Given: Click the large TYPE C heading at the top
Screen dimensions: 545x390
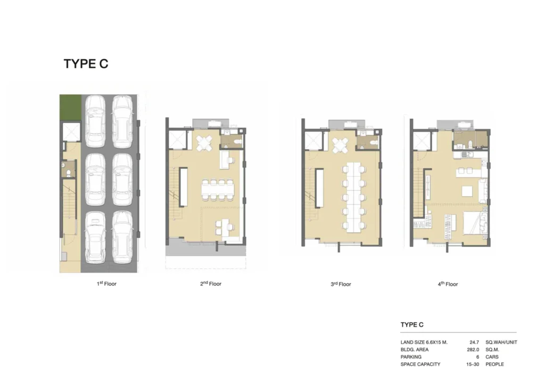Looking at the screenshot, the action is click(86, 64).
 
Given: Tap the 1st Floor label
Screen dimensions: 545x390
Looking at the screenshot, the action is click(106, 283).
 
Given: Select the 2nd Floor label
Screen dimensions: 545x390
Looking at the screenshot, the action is click(211, 283).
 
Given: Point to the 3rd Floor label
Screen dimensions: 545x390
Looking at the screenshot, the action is click(341, 284).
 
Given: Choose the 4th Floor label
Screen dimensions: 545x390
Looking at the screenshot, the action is click(448, 284).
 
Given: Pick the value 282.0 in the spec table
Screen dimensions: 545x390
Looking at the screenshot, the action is click(473, 350).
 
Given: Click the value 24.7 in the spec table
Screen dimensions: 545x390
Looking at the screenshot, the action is click(474, 343).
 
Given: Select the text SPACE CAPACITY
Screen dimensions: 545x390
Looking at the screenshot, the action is click(420, 364).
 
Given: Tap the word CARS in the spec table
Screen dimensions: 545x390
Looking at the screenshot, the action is click(492, 357).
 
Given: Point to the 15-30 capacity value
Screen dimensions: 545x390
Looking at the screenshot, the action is click(473, 364).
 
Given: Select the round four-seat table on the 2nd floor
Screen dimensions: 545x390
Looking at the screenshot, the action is click(204, 143).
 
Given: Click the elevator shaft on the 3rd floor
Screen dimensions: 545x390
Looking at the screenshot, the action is click(313, 140).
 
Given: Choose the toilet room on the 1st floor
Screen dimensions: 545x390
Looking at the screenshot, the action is click(69, 169).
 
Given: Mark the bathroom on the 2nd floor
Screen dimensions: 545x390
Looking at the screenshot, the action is click(231, 141).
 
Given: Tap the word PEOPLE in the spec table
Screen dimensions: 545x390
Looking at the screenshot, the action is click(494, 364).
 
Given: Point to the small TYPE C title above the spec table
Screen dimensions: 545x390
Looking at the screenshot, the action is click(412, 324).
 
